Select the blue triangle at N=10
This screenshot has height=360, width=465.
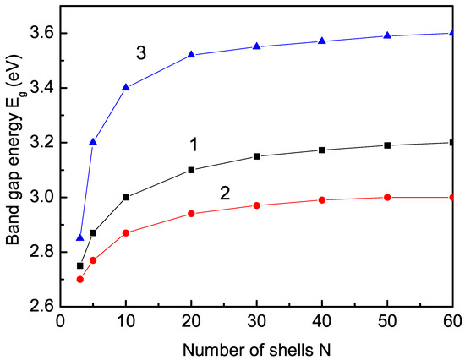126,87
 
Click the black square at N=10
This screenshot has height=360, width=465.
126,197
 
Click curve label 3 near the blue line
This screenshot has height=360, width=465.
141,52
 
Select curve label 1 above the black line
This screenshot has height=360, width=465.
194,145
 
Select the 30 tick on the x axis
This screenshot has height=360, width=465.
257,321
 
